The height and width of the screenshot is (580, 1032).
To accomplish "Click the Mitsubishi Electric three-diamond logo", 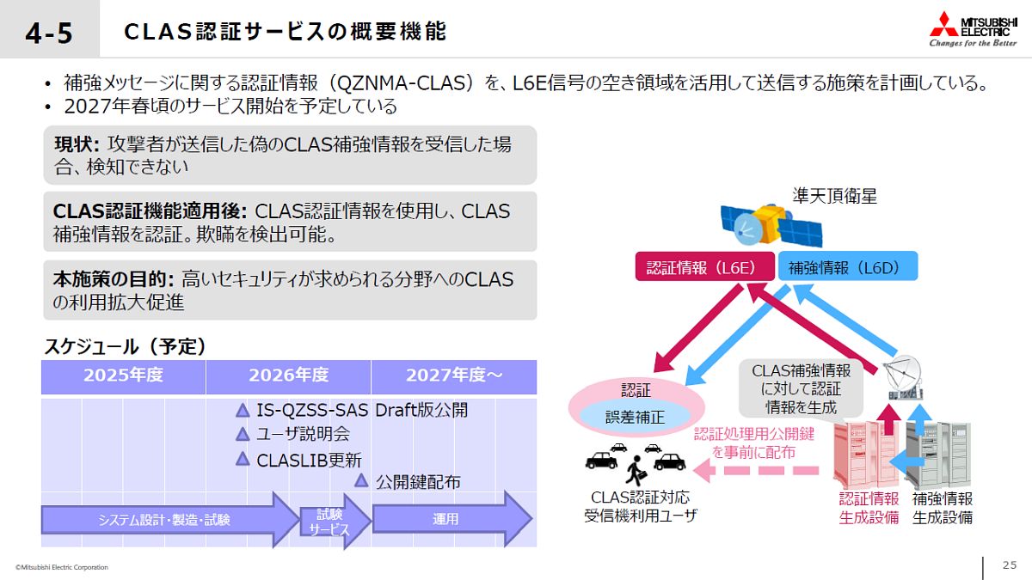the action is click(x=944, y=24).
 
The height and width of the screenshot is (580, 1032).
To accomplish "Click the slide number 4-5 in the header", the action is click(x=49, y=34).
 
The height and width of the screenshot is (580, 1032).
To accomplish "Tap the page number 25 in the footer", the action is click(x=1010, y=565).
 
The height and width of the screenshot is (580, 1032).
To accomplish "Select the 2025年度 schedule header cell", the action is click(x=123, y=377).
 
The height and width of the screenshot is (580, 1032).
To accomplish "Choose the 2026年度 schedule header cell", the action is click(x=288, y=377).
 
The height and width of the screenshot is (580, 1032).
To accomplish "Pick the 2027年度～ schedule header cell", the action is click(x=454, y=377).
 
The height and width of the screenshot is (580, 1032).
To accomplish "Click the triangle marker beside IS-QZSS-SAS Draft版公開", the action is click(x=243, y=410).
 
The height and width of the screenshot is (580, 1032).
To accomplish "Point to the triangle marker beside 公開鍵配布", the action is click(x=361, y=480).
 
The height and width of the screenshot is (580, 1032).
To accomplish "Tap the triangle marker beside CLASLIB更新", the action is click(x=243, y=459).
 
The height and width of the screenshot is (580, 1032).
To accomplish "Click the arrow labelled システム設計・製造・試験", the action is click(x=170, y=520).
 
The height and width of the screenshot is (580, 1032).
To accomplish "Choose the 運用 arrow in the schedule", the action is click(x=452, y=519).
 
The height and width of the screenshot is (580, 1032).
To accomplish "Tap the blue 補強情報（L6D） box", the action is click(x=848, y=266).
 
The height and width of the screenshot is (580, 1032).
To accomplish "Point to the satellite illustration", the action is click(x=771, y=225).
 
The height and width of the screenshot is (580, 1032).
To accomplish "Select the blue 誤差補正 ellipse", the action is click(x=635, y=417).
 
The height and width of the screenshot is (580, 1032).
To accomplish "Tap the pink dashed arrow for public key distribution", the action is click(x=756, y=471).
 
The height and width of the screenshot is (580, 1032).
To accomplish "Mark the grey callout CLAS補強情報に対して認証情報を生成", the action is click(x=801, y=389).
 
